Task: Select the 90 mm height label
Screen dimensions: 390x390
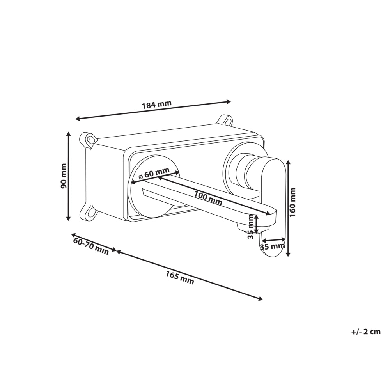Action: coord(64,176)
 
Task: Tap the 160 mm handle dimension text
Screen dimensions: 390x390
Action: coord(293,202)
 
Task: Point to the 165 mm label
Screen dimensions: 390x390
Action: coord(180,277)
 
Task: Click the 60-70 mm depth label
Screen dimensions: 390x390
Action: coord(91,246)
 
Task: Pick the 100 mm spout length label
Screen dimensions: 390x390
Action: coord(208,198)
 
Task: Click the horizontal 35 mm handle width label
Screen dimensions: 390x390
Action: coord(272,246)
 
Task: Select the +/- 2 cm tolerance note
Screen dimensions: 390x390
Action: coord(366,331)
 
